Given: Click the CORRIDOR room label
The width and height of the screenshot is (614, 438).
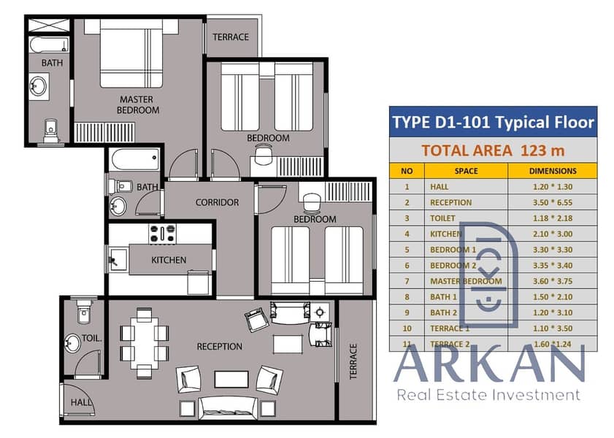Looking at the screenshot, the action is pos(217,202).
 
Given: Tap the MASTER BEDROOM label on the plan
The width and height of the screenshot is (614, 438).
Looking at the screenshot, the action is pos(138,105).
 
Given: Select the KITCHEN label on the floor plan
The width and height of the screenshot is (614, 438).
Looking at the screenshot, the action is pos(169,260).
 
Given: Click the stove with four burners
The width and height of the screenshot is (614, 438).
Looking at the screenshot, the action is pos(163,234).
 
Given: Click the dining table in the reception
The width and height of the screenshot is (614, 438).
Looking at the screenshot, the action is pos(144,342).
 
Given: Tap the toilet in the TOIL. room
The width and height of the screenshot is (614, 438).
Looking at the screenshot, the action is pos(84,310).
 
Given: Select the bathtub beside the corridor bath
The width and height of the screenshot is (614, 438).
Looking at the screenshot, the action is pos(136,160).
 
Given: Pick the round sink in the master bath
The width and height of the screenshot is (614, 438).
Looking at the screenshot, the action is pos(39,86).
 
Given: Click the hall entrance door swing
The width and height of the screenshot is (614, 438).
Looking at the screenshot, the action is pos(78,400).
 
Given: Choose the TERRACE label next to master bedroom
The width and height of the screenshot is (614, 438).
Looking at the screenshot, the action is pos(231,37).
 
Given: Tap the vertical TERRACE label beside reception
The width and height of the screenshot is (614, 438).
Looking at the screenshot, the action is pos(353,361).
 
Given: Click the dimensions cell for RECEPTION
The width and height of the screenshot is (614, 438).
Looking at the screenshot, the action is pos(552,203).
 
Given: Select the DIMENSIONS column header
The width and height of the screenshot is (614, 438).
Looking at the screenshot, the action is pos(553,171).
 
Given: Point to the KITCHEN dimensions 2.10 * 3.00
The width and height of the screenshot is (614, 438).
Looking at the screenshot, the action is pos(552,234).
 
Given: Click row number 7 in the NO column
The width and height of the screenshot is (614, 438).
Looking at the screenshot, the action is pos(407,281).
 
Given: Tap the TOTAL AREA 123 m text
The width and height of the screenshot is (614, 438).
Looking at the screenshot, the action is pos(493,150).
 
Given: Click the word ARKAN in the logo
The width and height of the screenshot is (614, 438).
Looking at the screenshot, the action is pos(489,364).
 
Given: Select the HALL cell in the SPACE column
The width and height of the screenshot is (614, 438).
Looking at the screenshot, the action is pos(440,187).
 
